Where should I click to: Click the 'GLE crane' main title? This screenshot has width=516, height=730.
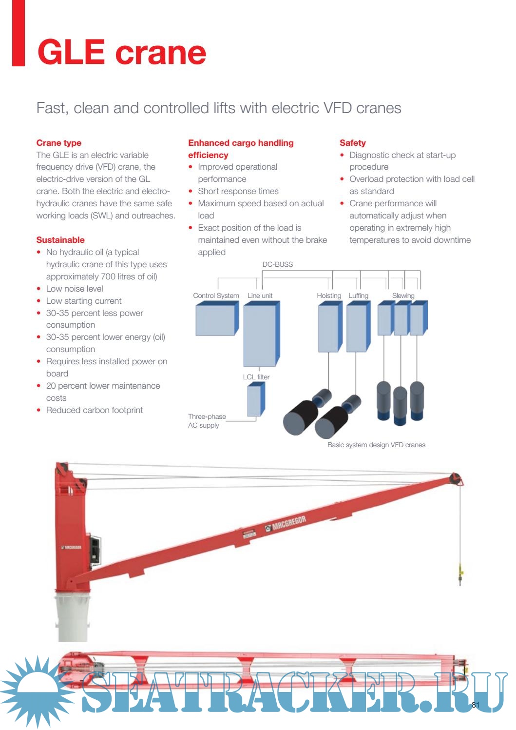122,52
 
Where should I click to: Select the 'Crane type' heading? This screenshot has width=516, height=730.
58,143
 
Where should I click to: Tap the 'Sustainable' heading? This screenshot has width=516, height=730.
60,240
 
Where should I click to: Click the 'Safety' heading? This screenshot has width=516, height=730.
353,143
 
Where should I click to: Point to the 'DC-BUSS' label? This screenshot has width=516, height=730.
277,264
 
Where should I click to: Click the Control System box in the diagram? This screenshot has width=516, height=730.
217,318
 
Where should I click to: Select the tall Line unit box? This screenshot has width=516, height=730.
262,334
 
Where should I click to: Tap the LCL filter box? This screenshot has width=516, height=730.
256,399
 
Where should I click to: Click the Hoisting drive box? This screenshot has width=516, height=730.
330,326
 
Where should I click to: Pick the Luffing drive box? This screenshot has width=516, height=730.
358,326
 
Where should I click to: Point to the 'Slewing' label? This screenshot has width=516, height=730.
403,296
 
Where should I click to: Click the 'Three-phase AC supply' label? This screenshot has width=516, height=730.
207,421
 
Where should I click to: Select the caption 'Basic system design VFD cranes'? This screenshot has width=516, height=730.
376,445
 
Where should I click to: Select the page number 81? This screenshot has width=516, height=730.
476,705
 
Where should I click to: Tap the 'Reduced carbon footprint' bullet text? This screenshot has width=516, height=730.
95,410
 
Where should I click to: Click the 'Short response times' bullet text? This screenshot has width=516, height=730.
238,191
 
